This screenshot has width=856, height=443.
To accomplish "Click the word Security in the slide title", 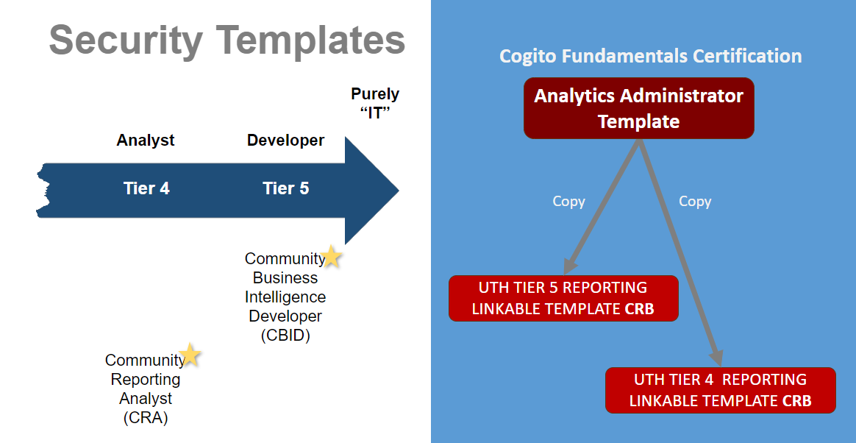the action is [126, 40].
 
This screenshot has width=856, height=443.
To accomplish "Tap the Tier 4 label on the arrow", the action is [146, 188].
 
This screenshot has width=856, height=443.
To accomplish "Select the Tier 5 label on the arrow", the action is [285, 188].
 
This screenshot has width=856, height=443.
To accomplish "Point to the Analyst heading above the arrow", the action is [145, 141].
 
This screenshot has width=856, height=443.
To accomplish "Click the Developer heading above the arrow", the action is [285, 141].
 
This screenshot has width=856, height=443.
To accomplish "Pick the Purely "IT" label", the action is [375, 103].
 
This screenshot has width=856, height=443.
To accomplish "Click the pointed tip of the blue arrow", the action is [399, 190].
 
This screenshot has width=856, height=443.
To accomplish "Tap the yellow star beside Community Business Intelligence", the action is [330, 256].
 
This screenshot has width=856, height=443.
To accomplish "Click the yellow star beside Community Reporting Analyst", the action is [190, 355].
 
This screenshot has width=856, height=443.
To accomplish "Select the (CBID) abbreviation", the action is [285, 335].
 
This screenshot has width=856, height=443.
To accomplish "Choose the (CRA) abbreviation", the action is [145, 418].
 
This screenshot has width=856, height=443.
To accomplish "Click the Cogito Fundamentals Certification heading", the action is [651, 56].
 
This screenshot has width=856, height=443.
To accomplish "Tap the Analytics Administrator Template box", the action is [639, 107].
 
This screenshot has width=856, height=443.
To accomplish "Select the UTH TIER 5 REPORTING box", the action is [563, 298].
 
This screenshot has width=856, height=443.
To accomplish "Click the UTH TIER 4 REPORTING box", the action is [721, 390].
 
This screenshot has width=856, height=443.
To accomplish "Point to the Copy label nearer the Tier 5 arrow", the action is [569, 202].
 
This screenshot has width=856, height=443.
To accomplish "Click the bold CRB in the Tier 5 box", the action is [639, 309].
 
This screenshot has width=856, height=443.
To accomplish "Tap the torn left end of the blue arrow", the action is [43, 190].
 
